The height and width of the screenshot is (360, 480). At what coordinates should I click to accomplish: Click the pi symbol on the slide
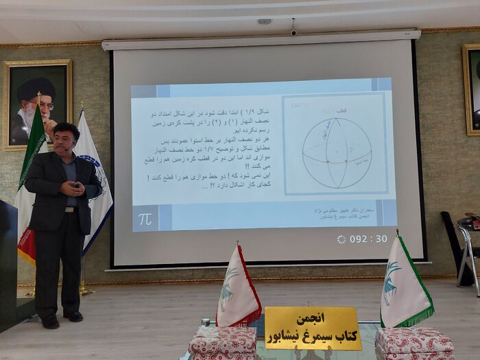[x=145, y=219]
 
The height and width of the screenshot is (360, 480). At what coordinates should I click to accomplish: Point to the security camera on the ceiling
[x=293, y=31]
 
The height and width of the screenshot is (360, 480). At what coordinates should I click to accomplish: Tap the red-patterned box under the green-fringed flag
[x=414, y=342]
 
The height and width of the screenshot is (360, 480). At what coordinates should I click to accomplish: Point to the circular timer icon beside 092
[x=341, y=239]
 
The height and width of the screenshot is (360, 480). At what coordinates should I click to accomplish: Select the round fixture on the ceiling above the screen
[x=264, y=22]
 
